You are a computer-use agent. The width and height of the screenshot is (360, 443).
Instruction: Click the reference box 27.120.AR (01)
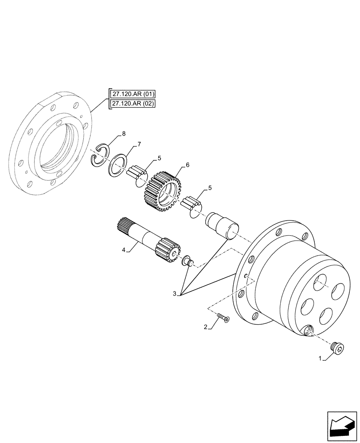click(x=130, y=94)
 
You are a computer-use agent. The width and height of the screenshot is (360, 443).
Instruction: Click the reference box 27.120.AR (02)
click(x=130, y=104)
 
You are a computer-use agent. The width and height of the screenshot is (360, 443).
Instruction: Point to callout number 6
click(x=188, y=165)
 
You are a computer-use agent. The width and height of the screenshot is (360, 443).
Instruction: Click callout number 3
click(x=175, y=293)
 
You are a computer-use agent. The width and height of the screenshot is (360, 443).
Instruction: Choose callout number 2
click(x=205, y=327)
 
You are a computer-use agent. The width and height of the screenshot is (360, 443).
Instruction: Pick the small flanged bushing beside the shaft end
click(x=187, y=260)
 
